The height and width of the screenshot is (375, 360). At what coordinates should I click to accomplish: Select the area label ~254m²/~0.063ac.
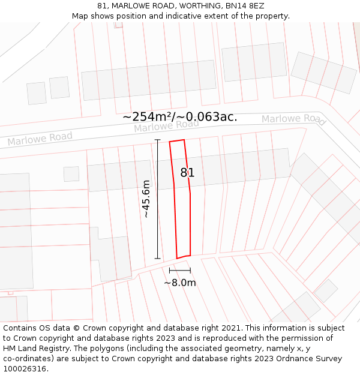click(180, 116)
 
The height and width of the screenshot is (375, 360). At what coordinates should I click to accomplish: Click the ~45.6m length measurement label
click(145, 199)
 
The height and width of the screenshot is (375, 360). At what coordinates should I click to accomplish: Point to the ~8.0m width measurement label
click(180, 283)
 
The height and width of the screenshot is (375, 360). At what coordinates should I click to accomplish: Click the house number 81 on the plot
click(188, 173)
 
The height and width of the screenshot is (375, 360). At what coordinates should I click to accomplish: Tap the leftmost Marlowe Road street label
click(40, 139)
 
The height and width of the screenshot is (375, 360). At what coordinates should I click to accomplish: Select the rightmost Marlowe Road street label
click(293, 119)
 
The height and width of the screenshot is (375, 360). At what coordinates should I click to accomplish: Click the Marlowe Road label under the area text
click(166, 126)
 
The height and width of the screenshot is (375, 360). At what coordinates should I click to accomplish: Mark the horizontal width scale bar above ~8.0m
click(180, 271)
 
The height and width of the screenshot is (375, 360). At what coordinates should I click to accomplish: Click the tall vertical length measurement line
click(158, 199)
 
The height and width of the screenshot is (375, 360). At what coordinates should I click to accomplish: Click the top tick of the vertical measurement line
click(158, 140)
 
